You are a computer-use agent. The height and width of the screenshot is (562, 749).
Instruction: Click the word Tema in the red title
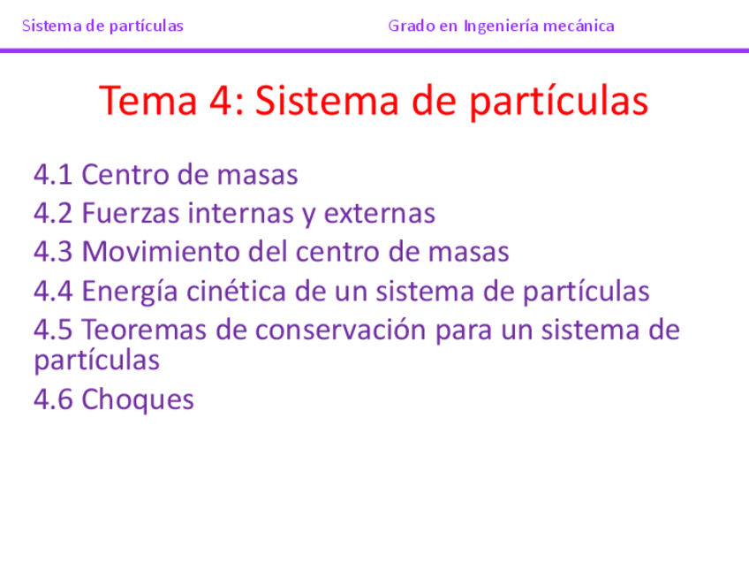149,101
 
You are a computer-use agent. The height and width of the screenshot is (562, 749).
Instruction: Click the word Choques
138,399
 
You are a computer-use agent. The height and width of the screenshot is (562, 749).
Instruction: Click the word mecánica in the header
579,26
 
